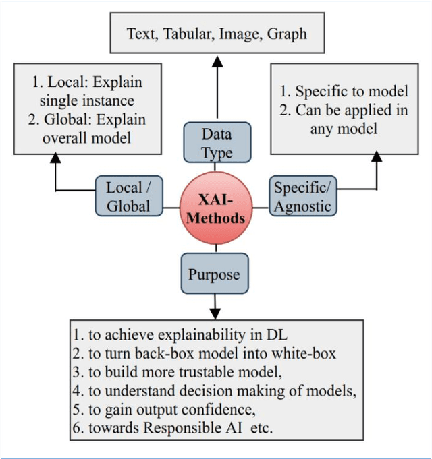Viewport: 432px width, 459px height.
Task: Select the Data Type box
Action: click(217, 142)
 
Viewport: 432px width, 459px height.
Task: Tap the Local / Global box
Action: click(128, 197)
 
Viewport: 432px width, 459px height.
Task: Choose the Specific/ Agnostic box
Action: click(303, 197)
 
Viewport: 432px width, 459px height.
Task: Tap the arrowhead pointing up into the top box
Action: click(217, 62)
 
